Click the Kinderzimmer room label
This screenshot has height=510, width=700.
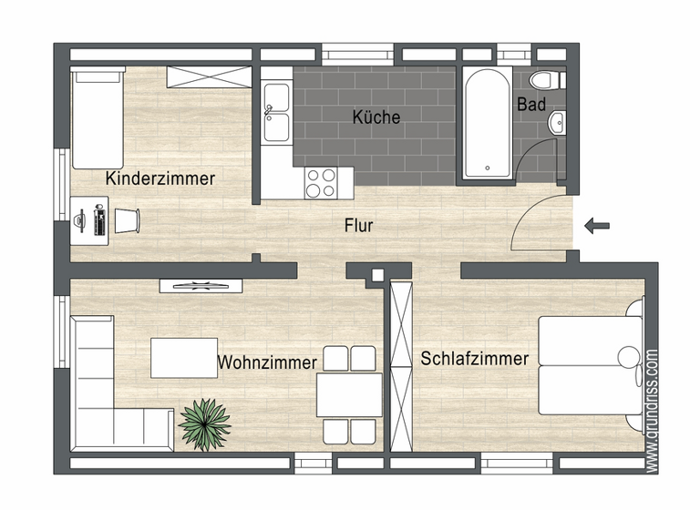pyautogui.click(x=160, y=178)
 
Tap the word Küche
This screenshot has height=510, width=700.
pyautogui.click(x=376, y=117)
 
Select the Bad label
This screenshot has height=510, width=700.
pyautogui.click(x=531, y=105)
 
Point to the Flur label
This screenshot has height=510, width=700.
pyautogui.click(x=358, y=226)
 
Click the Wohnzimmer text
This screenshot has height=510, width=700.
pyautogui.click(x=267, y=362)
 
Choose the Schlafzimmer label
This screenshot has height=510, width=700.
pyautogui.click(x=474, y=359)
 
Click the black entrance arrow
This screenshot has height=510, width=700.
pyautogui.click(x=597, y=226)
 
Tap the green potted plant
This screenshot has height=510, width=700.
pyautogui.click(x=205, y=423)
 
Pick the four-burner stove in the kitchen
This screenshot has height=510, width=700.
pyautogui.click(x=322, y=183)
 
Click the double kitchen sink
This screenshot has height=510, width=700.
pyautogui.click(x=276, y=113)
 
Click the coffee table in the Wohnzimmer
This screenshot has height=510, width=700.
pyautogui.click(x=184, y=357)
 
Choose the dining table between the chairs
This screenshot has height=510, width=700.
pyautogui.click(x=348, y=395)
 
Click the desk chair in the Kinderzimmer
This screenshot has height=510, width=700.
pyautogui.click(x=127, y=219)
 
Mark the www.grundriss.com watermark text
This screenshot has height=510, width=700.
pyautogui.click(x=651, y=410)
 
